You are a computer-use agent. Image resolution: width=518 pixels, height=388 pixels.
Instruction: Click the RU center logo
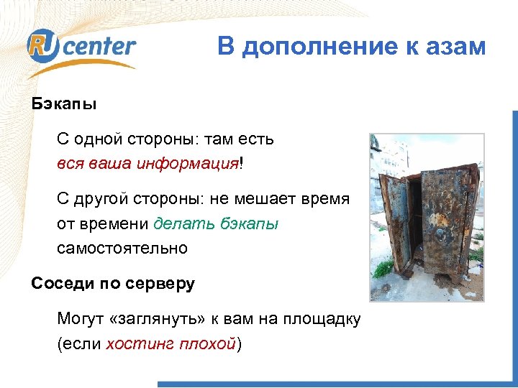coord(81,48)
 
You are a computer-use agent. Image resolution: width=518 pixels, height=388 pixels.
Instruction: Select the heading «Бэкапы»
coord(64,103)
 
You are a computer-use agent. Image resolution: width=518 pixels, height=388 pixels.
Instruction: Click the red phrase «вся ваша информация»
coord(147,163)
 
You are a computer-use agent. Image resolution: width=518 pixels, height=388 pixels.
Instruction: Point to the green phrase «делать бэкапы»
coord(216,223)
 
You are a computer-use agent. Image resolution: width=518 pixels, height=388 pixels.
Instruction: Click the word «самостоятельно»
coord(122,248)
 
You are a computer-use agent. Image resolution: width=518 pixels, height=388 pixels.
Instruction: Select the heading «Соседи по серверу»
coord(113,284)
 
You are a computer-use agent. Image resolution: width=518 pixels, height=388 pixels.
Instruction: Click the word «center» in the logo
coord(102,46)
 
